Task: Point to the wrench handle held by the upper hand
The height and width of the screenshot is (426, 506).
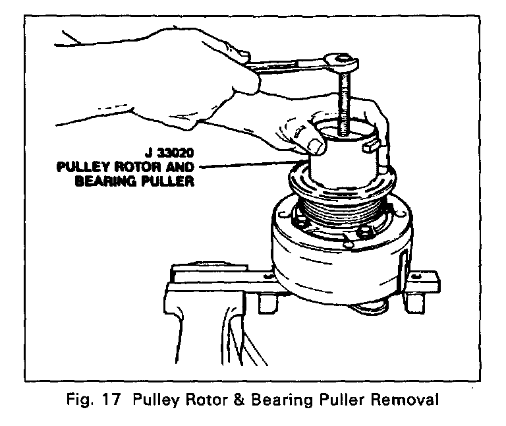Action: tap(277, 64)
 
